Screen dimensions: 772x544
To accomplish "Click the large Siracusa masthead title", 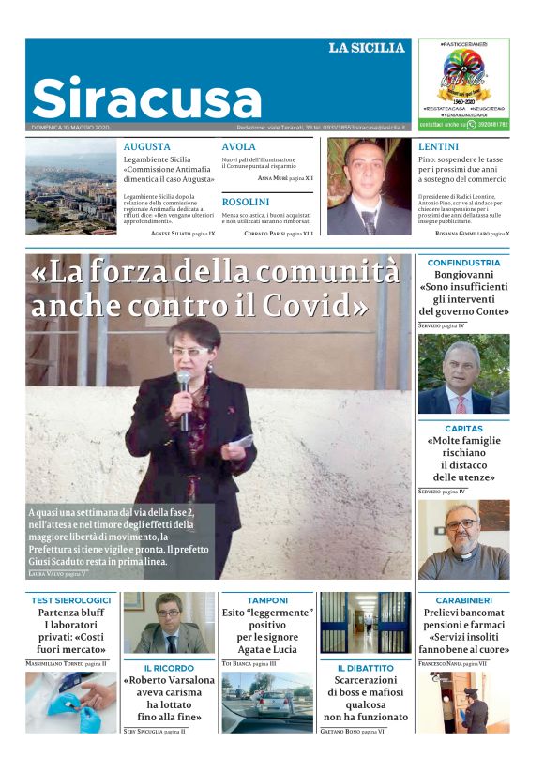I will (x=146, y=98).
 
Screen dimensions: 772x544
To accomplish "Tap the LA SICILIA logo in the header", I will (x=367, y=48).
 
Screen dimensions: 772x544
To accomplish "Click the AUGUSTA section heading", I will (x=147, y=147).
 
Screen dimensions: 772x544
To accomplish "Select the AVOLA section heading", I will (x=238, y=147).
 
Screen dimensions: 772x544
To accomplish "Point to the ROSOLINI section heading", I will (x=246, y=202).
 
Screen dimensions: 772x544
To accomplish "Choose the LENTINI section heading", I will (x=438, y=147).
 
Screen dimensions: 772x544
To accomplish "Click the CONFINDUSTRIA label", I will (x=463, y=264).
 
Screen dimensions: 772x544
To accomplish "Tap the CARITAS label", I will (x=463, y=427).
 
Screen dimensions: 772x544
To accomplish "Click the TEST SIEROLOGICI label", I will (x=71, y=599).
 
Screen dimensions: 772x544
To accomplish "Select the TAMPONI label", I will (x=267, y=599).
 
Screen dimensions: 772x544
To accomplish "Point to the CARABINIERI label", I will (x=463, y=599).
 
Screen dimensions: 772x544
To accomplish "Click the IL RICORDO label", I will (x=169, y=668).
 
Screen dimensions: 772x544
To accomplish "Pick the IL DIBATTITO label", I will (x=366, y=668).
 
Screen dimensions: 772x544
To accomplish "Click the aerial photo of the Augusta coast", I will (x=71, y=188).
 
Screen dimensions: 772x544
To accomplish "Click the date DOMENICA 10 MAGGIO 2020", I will (x=70, y=127).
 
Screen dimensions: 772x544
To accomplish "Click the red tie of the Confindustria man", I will (x=460, y=402).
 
